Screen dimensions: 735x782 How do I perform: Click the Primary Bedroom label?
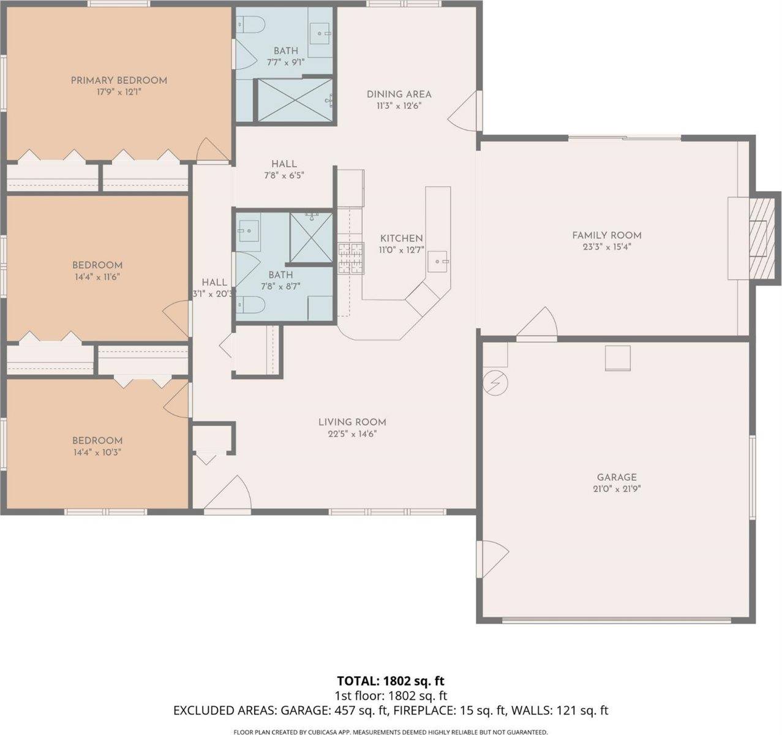pos(119,80)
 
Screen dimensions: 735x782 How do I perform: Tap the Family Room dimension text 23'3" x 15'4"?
pos(606,247)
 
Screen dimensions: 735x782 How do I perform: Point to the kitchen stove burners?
pos(350,258)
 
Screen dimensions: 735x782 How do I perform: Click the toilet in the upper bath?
pos(251,25)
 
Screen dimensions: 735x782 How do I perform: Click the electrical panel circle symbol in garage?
pos(495,383)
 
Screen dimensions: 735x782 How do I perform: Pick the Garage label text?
pos(617,477)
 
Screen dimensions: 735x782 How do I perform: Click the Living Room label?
pos(352,422)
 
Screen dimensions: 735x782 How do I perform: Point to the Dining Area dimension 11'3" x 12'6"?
pos(399,105)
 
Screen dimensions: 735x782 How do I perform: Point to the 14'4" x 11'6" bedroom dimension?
pos(97,277)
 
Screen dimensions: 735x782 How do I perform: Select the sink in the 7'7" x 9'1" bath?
pos(318,32)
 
